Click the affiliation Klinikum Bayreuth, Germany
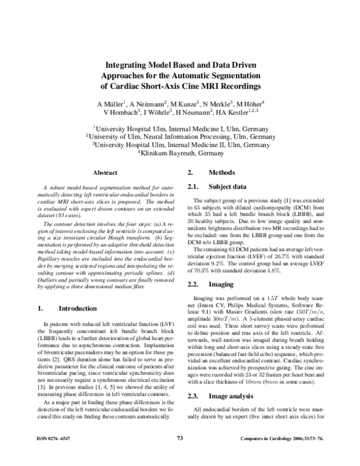pos(181,154)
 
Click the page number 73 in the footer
pos(179,455)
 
